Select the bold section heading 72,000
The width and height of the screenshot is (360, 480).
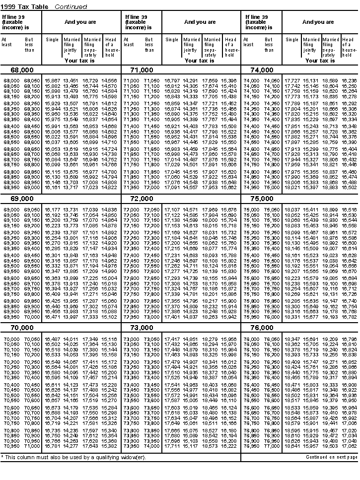click(x=142, y=199)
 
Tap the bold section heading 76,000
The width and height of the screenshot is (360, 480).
click(x=261, y=328)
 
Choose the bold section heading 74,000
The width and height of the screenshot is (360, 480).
click(x=261, y=70)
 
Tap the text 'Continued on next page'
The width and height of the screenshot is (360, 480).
click(x=331, y=457)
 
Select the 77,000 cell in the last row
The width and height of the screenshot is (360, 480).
click(x=272, y=446)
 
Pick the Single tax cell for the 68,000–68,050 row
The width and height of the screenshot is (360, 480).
click(x=52, y=80)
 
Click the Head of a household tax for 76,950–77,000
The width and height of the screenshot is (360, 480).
click(x=349, y=446)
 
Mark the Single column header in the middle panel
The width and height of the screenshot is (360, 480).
click(x=172, y=40)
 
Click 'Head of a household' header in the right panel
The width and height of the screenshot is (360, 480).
click(x=350, y=45)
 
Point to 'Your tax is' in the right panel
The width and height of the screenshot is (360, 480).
click(x=319, y=61)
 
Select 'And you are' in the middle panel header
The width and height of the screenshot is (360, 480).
click(x=200, y=22)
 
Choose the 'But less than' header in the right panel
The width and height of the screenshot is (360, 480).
click(x=269, y=44)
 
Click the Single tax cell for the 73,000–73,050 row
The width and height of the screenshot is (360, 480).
click(x=172, y=339)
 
